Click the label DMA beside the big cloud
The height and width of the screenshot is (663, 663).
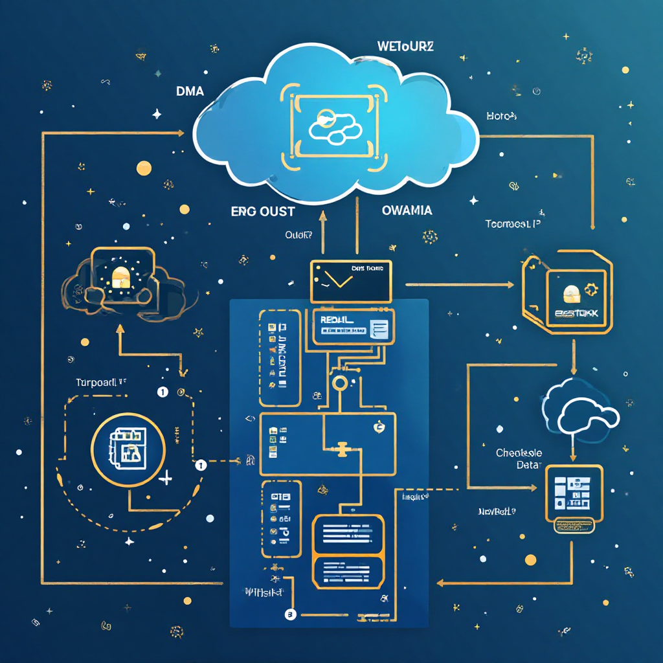[190, 92]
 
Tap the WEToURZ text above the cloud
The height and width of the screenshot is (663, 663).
[405, 47]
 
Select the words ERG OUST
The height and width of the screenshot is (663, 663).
[263, 211]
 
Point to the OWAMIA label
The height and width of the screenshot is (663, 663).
[407, 210]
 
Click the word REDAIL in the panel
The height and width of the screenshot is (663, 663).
[337, 319]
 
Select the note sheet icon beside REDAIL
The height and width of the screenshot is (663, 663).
[379, 329]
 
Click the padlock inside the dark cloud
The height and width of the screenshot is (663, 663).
[120, 278]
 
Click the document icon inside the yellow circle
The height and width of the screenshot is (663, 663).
[128, 447]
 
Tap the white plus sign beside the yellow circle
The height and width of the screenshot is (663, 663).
[166, 478]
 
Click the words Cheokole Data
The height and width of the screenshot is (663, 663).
[519, 458]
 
